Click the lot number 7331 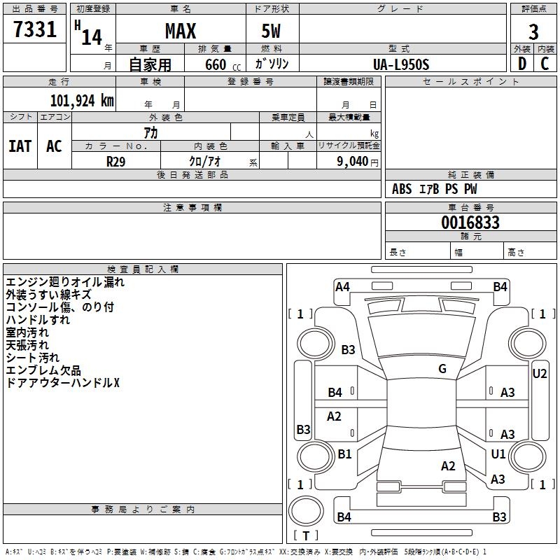[x=35, y=29]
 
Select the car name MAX [x=181, y=31]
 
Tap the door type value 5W [x=271, y=31]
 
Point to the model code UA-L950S [x=401, y=64]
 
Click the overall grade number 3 [x=533, y=32]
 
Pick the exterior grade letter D [x=522, y=64]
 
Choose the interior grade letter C [x=545, y=64]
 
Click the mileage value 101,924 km [x=82, y=101]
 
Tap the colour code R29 [x=116, y=162]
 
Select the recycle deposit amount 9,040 [x=353, y=162]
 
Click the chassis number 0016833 [x=470, y=223]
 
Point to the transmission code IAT [x=20, y=146]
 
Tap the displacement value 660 [x=216, y=64]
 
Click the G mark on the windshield [x=442, y=369]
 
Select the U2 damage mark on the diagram [x=540, y=374]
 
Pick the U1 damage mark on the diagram [x=498, y=454]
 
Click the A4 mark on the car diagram [x=342, y=287]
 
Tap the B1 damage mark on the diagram [x=344, y=454]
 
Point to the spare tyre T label [x=306, y=535]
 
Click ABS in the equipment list [x=402, y=189]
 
